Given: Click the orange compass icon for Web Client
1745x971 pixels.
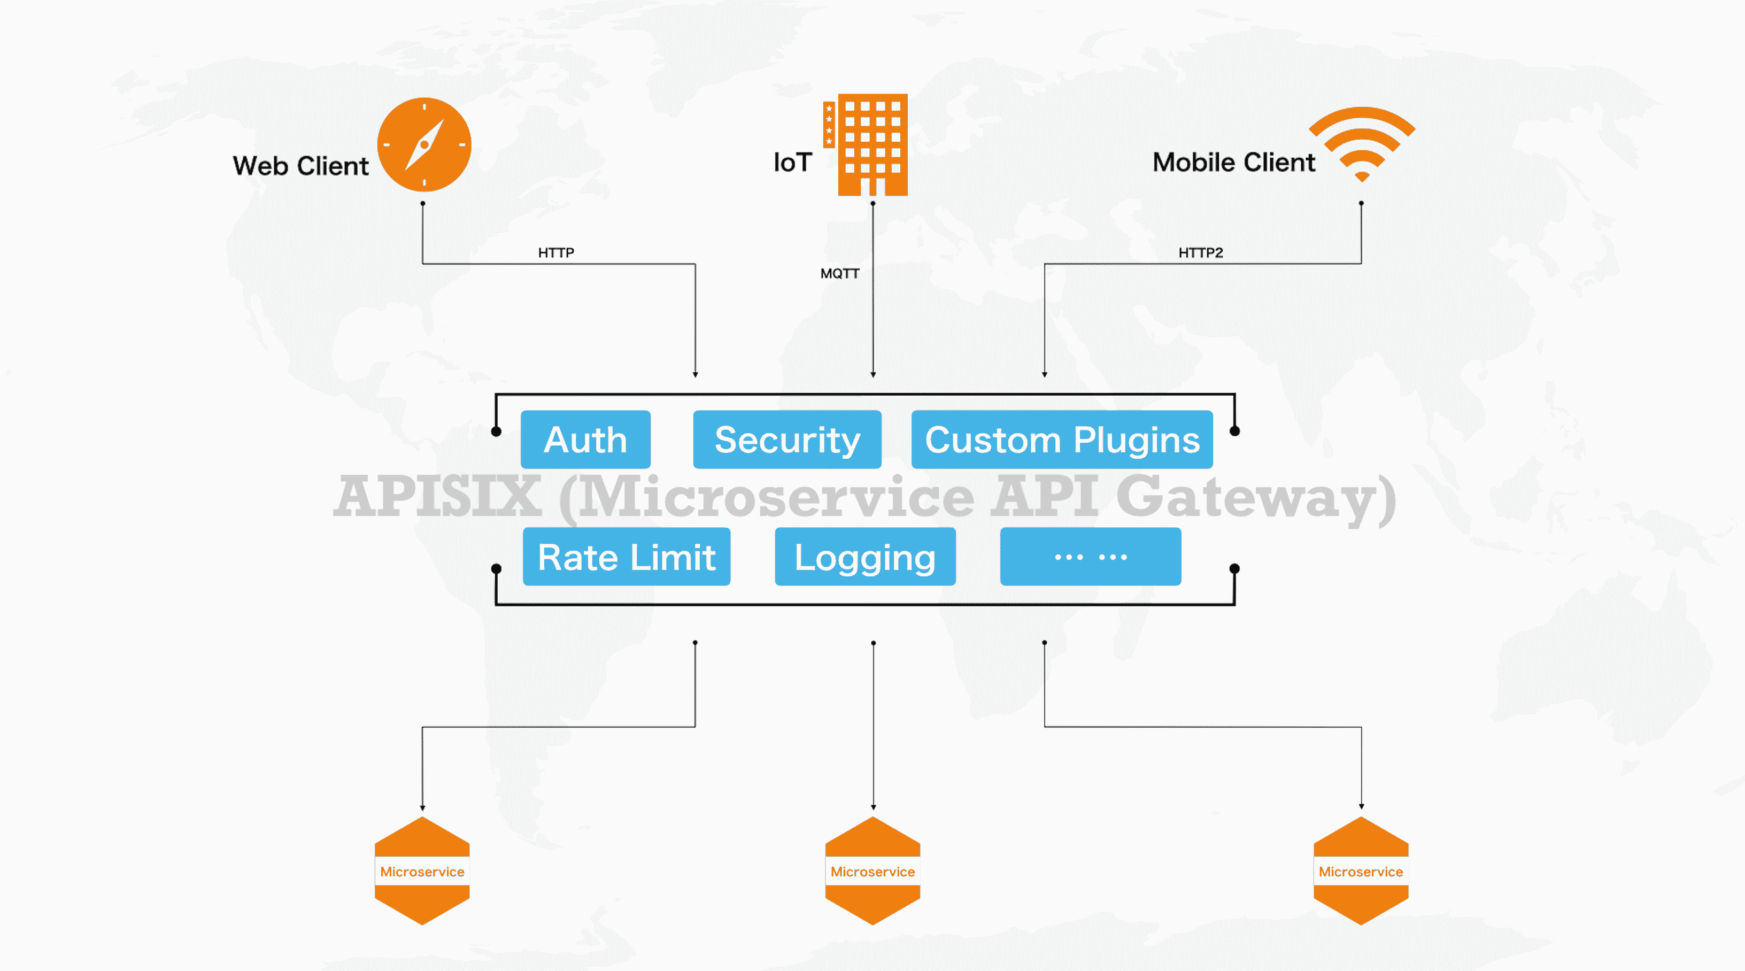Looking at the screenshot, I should (x=424, y=144).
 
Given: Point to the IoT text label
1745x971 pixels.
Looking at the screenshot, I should (x=792, y=163).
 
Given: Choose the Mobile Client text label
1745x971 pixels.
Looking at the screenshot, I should (x=1233, y=163).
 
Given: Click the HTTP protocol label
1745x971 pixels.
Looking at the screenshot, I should (x=555, y=253).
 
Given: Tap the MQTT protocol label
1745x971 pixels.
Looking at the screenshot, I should (x=839, y=274).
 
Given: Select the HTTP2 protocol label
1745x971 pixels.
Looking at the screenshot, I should (x=1200, y=253).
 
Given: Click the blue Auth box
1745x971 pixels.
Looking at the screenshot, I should (x=585, y=440).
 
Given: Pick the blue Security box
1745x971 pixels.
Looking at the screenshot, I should (x=787, y=440).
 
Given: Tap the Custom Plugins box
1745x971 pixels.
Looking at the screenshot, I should (x=1062, y=440).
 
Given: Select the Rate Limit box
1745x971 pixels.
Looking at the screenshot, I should (x=627, y=557).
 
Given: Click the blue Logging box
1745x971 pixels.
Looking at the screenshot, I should (x=865, y=557).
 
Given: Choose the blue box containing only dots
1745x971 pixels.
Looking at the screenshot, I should (x=1091, y=557).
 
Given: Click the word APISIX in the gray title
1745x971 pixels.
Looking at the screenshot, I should (x=438, y=497).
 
